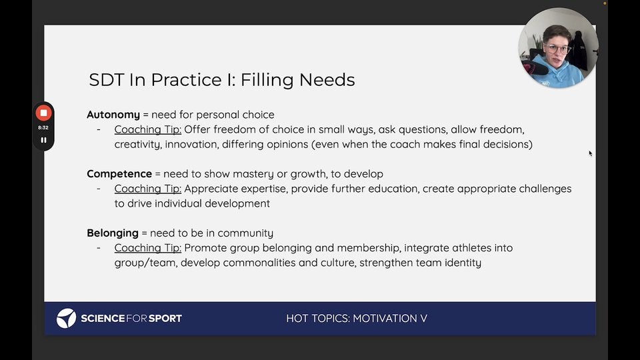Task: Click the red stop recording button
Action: (44, 113)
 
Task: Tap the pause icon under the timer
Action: (44, 140)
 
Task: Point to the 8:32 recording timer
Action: (43, 128)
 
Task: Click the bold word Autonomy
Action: (113, 115)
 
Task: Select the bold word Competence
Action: (119, 174)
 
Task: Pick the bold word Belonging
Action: (113, 233)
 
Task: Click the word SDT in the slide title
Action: (107, 79)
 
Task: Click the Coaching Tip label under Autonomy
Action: (148, 130)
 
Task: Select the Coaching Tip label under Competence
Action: (148, 189)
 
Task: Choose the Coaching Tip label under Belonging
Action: (148, 248)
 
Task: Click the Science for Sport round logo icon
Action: (66, 319)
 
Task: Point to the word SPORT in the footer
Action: (165, 319)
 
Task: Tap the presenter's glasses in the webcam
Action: (557, 49)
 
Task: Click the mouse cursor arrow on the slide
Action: (590, 153)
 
